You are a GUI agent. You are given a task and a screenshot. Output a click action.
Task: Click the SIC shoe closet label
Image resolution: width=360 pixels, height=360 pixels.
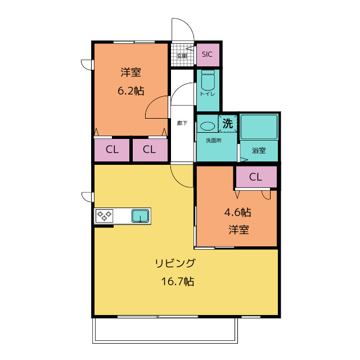[x=207, y=55]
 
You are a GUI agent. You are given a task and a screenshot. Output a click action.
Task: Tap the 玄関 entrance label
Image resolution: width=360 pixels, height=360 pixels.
[x=182, y=56]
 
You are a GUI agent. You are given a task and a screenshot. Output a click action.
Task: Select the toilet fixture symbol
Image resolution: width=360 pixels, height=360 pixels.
[x=208, y=80]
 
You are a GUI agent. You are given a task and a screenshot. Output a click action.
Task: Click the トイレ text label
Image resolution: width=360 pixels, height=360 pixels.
[x=208, y=94]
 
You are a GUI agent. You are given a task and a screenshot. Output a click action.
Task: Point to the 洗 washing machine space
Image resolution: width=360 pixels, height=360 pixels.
[x=228, y=124]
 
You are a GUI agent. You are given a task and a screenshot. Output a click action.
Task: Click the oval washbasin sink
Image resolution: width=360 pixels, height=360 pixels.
[x=208, y=126]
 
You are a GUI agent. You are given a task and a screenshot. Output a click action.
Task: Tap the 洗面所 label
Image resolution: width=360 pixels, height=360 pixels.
[x=214, y=141]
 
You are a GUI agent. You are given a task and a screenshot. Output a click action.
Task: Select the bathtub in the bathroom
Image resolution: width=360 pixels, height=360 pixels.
[x=259, y=127]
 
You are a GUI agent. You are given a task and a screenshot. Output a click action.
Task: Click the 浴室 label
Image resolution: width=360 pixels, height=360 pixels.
[x=259, y=151]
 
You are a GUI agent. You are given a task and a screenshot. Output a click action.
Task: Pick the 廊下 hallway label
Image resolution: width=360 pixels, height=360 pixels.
[x=182, y=123]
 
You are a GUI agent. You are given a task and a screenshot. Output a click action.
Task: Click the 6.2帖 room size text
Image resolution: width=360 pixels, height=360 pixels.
[x=131, y=91]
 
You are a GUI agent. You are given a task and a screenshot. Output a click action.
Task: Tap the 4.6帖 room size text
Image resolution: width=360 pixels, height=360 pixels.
[x=237, y=213]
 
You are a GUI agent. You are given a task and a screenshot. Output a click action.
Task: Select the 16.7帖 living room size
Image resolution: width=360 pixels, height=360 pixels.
[x=178, y=281]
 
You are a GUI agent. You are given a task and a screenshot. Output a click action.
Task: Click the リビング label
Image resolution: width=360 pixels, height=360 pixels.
[x=175, y=263]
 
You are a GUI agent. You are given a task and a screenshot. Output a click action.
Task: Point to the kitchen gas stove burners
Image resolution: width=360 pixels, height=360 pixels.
[x=104, y=216]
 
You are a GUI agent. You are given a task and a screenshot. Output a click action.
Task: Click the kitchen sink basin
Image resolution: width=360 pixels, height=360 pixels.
[x=140, y=216]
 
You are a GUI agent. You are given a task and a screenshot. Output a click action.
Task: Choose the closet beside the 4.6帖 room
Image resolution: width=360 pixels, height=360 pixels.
[x=256, y=177]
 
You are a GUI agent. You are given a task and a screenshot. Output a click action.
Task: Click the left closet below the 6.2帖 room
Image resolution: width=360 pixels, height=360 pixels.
[x=112, y=150]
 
